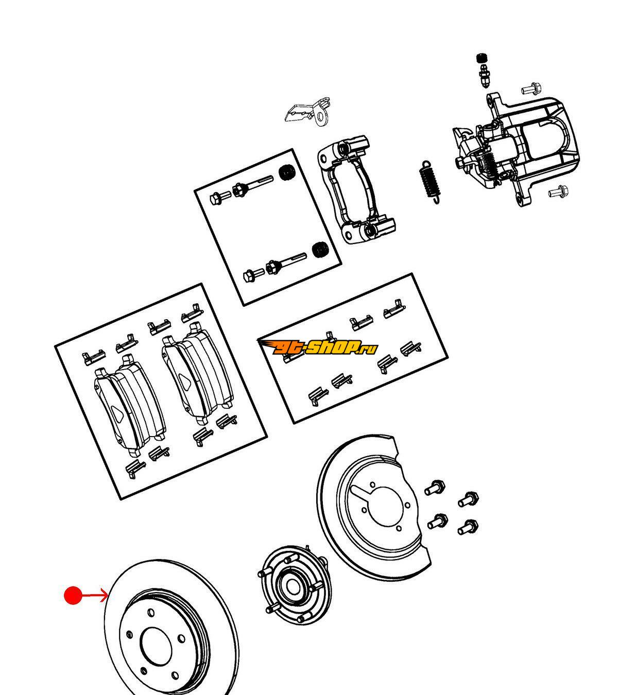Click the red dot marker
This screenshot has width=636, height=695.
point(73,596)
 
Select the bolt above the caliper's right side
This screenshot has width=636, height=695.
point(530,90)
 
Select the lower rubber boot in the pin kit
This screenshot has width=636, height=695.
point(320,250)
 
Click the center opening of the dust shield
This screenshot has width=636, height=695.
point(384,507)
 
